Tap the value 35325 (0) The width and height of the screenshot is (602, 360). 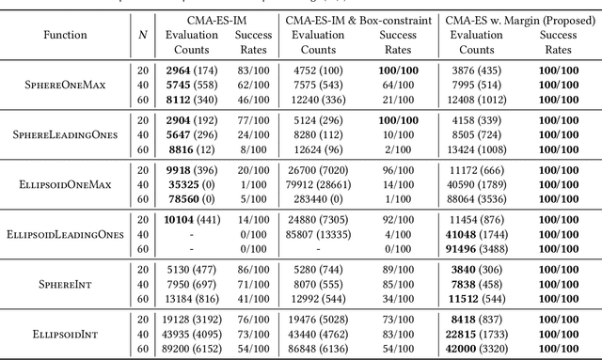click(187, 183)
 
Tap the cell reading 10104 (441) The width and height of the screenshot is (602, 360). click(187, 220)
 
